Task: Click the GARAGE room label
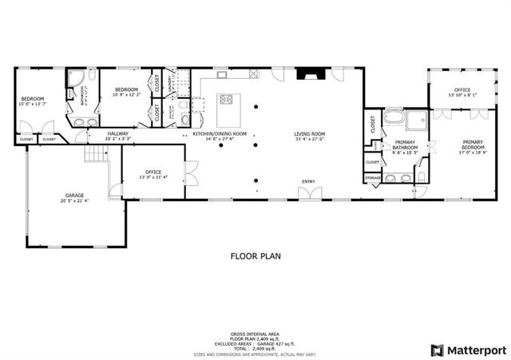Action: coord(74,195)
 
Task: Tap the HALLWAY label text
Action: coord(117,133)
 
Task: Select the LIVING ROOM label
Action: coord(307,133)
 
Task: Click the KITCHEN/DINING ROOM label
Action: coord(220,133)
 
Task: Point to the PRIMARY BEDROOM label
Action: coord(473,144)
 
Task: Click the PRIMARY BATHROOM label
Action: coord(406,144)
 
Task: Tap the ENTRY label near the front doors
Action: coord(307,181)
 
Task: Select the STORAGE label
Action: coord(373,177)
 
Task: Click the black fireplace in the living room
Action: coord(307,76)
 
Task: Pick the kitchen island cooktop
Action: coord(226,100)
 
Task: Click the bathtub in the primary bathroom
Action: coord(394,120)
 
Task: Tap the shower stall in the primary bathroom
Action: coord(417,119)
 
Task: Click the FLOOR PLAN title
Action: coord(255,256)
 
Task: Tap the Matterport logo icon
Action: coord(436,350)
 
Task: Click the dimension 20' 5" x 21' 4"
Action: coord(74,200)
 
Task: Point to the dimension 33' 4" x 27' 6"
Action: coord(307,139)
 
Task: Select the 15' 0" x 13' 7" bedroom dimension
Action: coord(33,104)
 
